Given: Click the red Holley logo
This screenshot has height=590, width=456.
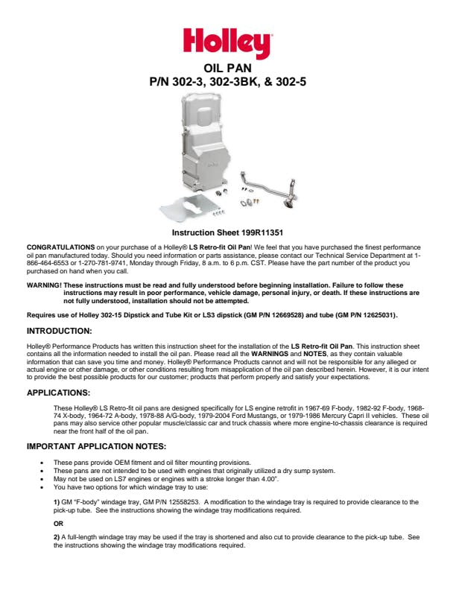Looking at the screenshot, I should coord(227,42).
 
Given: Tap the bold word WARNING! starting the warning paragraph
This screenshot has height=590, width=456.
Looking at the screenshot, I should coord(44,285).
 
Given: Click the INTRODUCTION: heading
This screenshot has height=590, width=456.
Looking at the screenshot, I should coord(59,330).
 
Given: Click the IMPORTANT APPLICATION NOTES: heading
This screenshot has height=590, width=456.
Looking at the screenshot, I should coord(96,447).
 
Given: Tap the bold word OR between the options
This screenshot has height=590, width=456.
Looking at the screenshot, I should coord(59,524).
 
